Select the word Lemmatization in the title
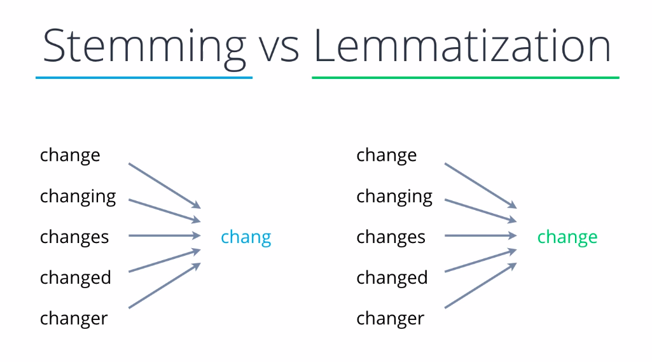(x=462, y=46)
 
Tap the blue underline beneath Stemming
(x=144, y=78)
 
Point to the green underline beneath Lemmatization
(x=465, y=78)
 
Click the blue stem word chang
(x=246, y=237)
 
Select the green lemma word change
(x=567, y=237)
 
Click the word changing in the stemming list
(x=78, y=197)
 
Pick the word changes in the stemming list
(x=74, y=237)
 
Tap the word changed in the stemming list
(x=76, y=278)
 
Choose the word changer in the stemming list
(x=74, y=319)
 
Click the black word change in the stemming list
(x=70, y=156)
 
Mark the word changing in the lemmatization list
(x=394, y=197)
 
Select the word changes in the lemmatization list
(x=391, y=237)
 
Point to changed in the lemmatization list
(x=392, y=278)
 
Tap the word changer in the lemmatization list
(x=390, y=319)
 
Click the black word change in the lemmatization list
(x=387, y=156)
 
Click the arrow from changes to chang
(x=164, y=236)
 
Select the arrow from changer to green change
(x=480, y=286)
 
